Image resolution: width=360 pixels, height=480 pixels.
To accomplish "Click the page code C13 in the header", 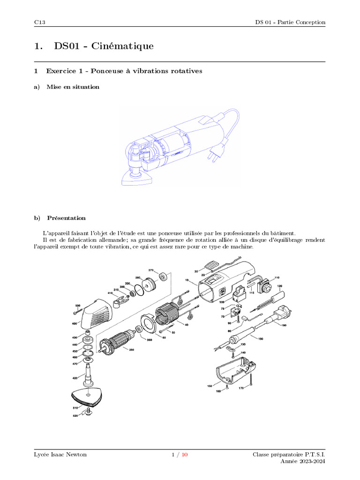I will coord(39,22).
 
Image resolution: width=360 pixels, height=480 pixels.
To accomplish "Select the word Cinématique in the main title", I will coord(123,46).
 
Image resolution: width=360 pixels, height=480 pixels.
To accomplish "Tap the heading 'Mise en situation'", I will coord(73,87).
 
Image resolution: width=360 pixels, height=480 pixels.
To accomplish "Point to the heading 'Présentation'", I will coord(66,218).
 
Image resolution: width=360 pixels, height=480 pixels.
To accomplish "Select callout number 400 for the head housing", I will coord(74,324).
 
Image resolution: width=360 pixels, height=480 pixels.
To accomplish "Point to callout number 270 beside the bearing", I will coord(151,270).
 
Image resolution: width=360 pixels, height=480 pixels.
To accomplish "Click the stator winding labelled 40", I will coord(165,314).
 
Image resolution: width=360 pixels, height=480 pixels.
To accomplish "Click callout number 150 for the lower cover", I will coord(210,386).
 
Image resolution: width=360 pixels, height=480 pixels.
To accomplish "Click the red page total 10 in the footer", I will coord(185,455).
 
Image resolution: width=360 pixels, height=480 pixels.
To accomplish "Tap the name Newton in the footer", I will coord(75,455).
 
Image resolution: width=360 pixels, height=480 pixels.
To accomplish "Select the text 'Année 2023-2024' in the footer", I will coord(303,461).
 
